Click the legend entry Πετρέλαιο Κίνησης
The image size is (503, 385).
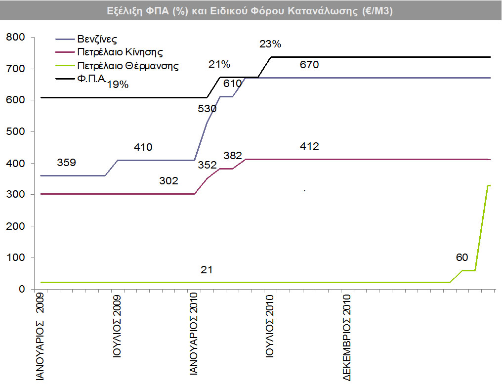tap(120, 52)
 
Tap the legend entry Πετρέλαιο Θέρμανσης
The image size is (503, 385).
tap(127, 65)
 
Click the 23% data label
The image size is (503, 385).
tap(270, 44)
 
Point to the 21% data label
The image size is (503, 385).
tap(219, 64)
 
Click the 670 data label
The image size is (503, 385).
tap(309, 65)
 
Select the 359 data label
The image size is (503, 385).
tap(66, 162)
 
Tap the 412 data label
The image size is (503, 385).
tap(309, 146)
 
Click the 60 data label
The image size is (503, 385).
tap(462, 257)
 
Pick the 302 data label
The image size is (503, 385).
tap(168, 181)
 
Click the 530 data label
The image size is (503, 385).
tap(207, 109)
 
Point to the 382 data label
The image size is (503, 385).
tap(233, 156)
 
